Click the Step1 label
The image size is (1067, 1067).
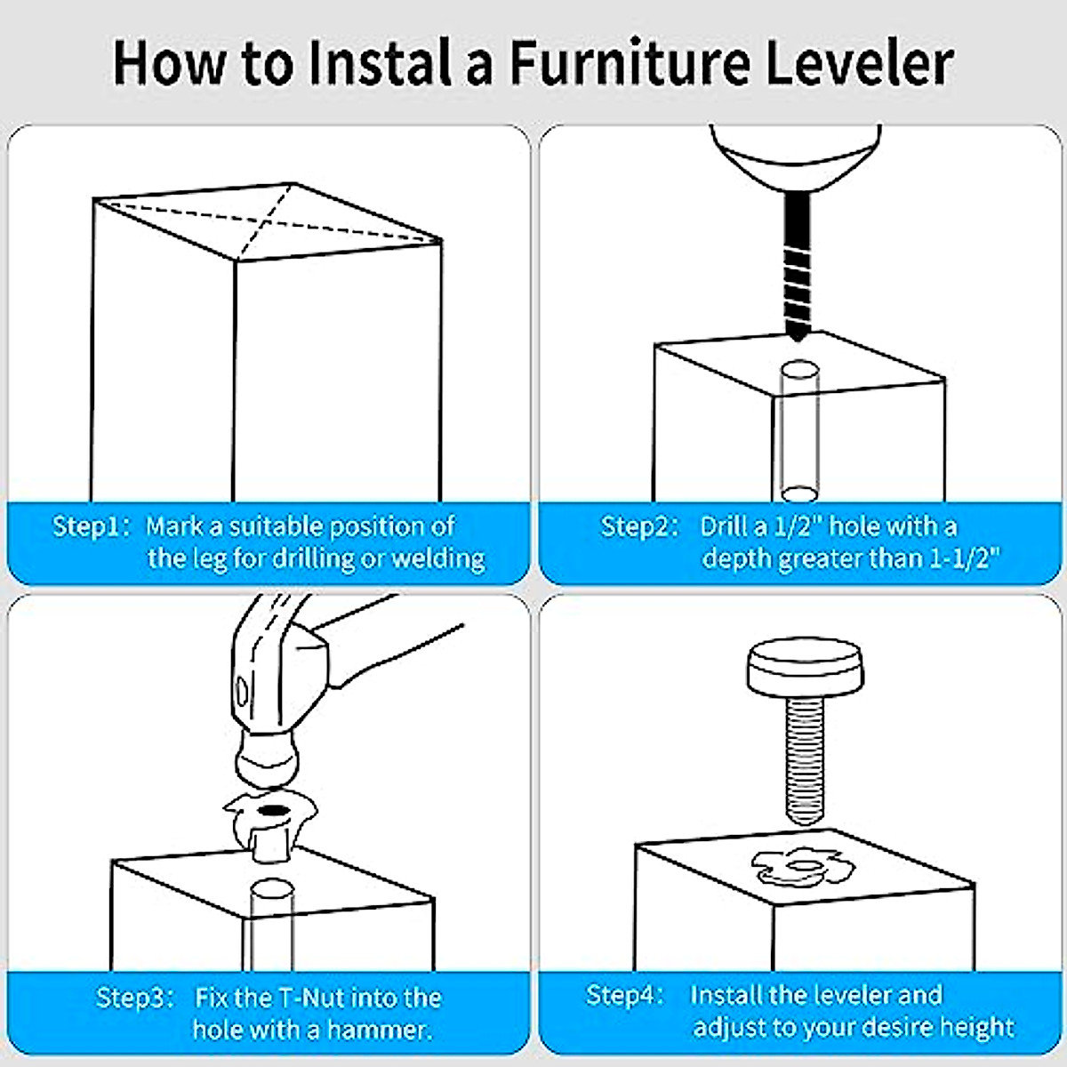[91, 526]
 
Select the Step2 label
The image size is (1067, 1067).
[639, 526]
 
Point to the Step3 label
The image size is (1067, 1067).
[134, 999]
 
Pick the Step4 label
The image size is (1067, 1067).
[624, 995]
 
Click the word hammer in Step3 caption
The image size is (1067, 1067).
[380, 1030]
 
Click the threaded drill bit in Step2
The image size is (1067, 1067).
[798, 267]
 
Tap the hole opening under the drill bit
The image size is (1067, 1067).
[799, 369]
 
